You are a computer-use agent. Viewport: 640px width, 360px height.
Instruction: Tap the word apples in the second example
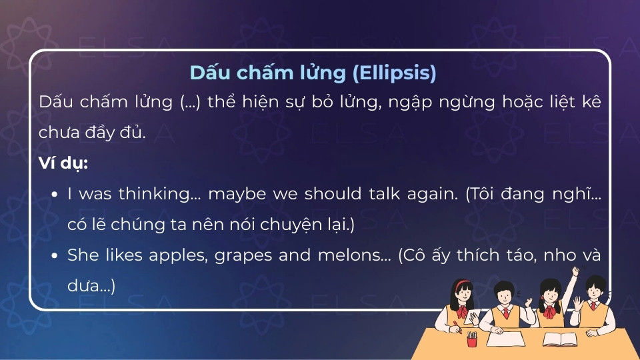tap(182, 255)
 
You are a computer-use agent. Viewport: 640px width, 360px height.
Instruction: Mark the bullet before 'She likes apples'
tap(55, 255)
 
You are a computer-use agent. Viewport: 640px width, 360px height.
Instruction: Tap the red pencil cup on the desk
tap(472, 341)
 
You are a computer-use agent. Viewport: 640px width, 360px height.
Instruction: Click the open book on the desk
tap(559, 339)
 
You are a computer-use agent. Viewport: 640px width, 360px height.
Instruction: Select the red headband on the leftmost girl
tap(460, 284)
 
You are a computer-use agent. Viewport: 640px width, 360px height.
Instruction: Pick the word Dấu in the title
tap(205, 73)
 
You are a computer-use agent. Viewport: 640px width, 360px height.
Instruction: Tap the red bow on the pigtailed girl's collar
tap(550, 311)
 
